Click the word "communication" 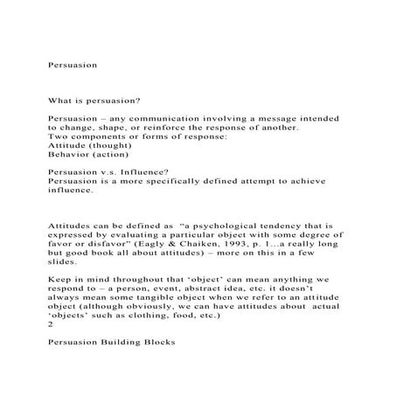point(155,117)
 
